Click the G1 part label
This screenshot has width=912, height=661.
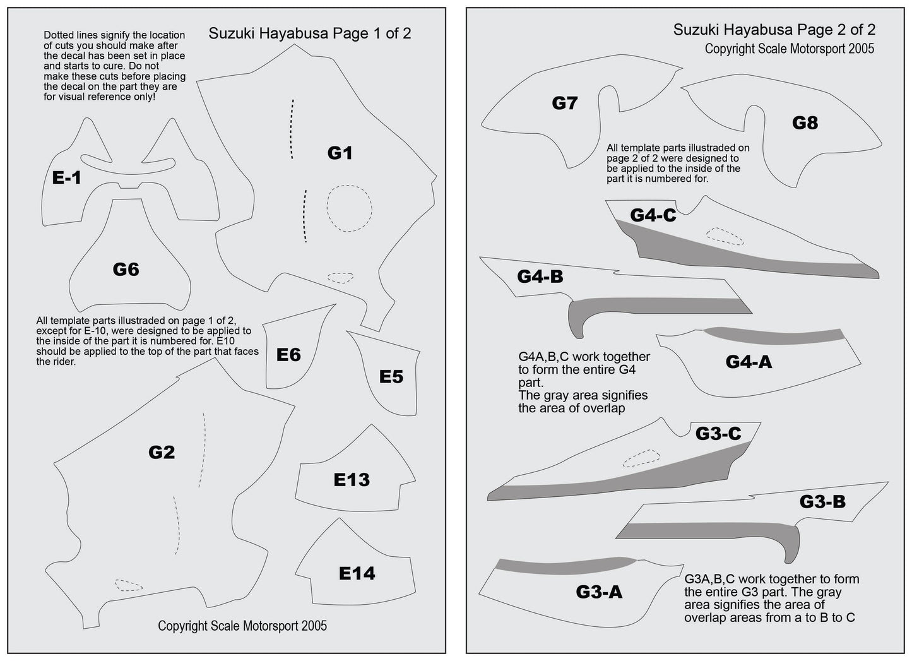click(340, 153)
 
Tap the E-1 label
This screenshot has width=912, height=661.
click(66, 179)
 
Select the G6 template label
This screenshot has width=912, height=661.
click(126, 270)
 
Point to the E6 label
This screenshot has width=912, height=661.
click(288, 355)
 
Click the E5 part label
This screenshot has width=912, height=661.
click(391, 377)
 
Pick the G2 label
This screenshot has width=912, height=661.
click(162, 452)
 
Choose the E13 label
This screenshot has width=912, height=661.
click(352, 480)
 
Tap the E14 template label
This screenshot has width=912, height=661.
click(357, 573)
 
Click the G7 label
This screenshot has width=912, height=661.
click(564, 103)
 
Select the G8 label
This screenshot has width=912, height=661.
click(805, 122)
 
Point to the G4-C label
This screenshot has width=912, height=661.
click(653, 215)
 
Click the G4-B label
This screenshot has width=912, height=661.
click(540, 277)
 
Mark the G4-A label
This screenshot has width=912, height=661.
click(749, 362)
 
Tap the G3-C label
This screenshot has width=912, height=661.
click(718, 434)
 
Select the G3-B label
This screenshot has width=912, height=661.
click(822, 501)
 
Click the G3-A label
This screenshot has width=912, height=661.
click(599, 592)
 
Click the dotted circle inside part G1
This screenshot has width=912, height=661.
click(349, 208)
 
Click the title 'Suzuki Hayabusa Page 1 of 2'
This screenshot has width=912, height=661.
click(309, 33)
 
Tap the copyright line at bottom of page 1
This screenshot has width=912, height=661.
click(242, 626)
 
